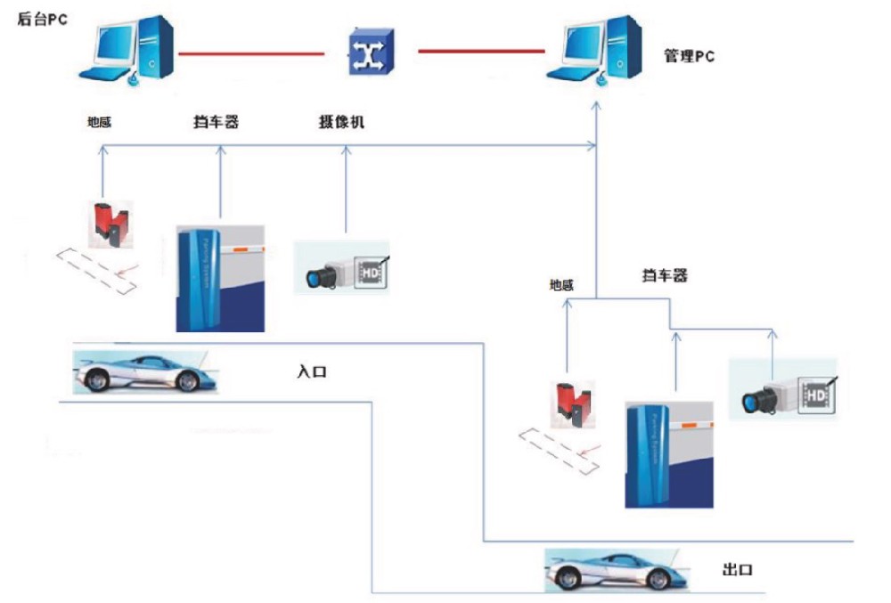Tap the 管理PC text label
(x=689, y=57)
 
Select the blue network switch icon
(x=368, y=53)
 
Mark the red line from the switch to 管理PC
(x=481, y=52)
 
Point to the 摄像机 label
(x=341, y=123)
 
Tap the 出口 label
(x=738, y=569)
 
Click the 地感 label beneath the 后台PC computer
(x=99, y=123)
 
